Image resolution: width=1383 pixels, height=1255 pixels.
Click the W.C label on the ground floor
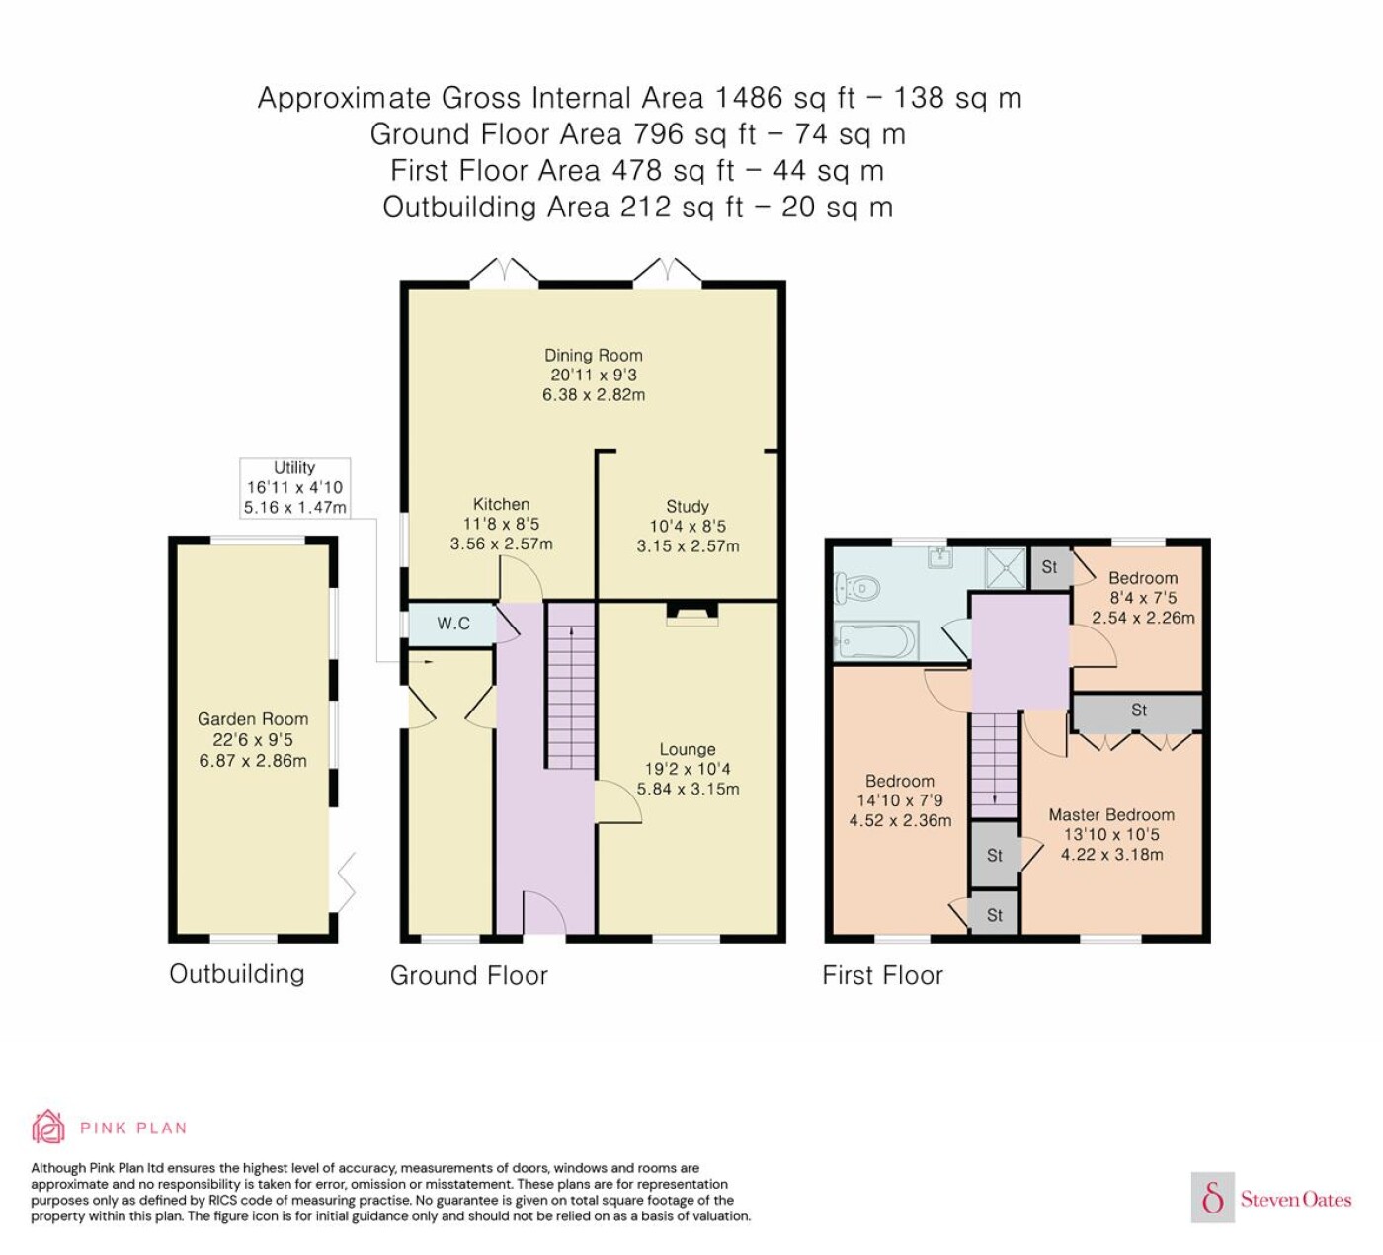tap(453, 624)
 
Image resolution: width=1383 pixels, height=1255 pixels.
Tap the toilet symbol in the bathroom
tap(856, 589)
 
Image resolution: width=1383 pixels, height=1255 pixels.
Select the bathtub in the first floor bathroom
tap(875, 641)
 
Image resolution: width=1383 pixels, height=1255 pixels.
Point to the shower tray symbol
tap(1006, 568)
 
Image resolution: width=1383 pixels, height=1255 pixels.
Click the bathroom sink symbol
tap(940, 556)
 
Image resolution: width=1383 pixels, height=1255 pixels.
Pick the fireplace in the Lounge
tap(691, 614)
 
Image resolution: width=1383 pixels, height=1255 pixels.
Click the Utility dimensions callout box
tap(294, 487)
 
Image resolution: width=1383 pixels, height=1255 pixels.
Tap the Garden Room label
tap(252, 719)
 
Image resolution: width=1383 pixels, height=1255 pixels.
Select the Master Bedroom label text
tap(1111, 814)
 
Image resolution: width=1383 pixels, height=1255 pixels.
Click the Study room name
tap(688, 506)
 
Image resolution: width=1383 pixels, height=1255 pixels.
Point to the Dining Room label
tap(593, 356)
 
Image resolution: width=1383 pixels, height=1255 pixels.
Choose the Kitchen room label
tap(501, 504)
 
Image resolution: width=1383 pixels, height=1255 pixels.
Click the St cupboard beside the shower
tap(1049, 568)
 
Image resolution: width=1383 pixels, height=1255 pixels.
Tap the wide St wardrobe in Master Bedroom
tap(1138, 711)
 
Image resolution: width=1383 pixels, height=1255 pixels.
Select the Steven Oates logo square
tap(1213, 1197)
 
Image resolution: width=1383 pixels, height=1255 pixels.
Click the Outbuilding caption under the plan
tap(236, 974)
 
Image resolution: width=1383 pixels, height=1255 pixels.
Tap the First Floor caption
tap(882, 975)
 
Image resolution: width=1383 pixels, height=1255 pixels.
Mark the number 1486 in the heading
tap(749, 98)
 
